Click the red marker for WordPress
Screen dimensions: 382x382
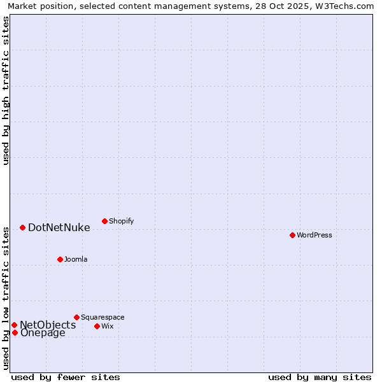pos(292,235)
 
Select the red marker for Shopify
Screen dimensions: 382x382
pos(104,221)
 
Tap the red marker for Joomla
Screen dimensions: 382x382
pos(60,259)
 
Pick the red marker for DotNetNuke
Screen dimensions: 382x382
pos(22,227)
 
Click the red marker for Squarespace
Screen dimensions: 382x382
pos(76,317)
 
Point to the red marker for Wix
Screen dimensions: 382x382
pos(97,326)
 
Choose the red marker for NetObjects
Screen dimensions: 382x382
pos(14,325)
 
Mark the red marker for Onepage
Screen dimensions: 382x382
pos(15,332)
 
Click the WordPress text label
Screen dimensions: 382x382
pos(314,235)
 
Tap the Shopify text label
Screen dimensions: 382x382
pos(121,221)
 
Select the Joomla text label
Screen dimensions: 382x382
pos(76,259)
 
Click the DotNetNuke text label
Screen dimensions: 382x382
pos(59,227)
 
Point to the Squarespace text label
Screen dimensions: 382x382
pos(103,317)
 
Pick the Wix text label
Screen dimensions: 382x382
pos(107,326)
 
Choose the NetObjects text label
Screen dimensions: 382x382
pos(48,325)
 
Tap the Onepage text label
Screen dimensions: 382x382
pos(43,332)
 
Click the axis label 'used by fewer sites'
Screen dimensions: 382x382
pos(66,377)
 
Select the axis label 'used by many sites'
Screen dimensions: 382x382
pos(320,377)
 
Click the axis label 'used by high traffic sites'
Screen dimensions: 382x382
pos(6,90)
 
